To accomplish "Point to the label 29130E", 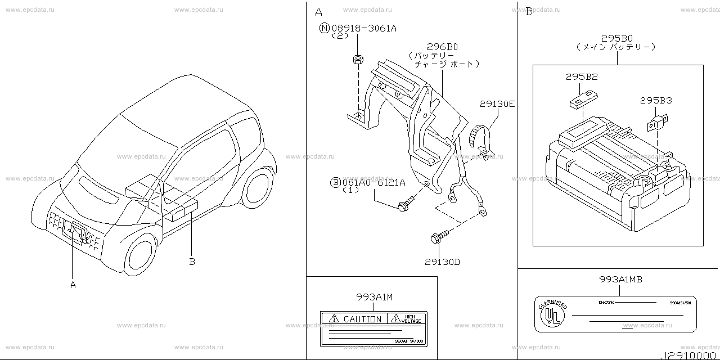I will click(497, 104).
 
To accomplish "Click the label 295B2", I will click(582, 76).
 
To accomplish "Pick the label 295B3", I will click(655, 101).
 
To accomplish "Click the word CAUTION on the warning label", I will click(362, 319).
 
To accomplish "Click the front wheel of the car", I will click(139, 255).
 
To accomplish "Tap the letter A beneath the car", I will click(73, 285).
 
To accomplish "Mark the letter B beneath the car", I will click(191, 261).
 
